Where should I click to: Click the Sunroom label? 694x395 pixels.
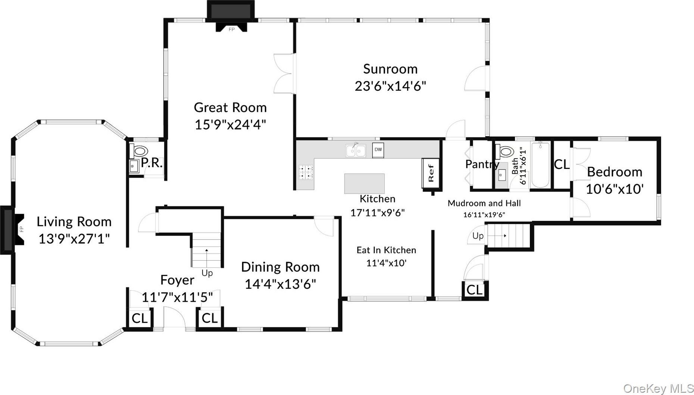tap(390, 69)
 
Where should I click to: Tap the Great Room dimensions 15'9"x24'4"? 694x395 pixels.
tap(230, 125)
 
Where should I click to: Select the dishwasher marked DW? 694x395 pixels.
tap(378, 150)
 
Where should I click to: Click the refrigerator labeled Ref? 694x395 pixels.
tap(431, 173)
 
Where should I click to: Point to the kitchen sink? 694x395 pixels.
tap(355, 150)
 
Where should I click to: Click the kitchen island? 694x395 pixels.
tap(364, 184)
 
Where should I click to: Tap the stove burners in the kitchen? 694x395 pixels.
tap(306, 173)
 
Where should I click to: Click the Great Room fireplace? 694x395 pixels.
tap(231, 18)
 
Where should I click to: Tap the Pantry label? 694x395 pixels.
tap(482, 164)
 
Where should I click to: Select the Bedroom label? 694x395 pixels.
tap(615, 172)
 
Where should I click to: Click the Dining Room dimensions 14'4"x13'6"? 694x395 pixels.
tap(280, 284)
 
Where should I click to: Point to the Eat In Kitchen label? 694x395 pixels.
tap(386, 250)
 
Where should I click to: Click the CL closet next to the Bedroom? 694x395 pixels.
tap(562, 164)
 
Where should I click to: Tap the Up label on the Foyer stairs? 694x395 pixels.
tap(207, 273)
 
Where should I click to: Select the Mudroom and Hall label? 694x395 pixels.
tap(484, 203)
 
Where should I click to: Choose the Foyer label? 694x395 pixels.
tap(177, 280)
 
